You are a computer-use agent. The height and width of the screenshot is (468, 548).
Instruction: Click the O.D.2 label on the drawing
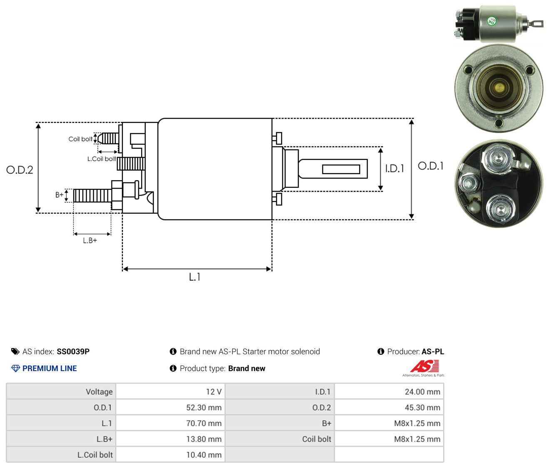click(20, 170)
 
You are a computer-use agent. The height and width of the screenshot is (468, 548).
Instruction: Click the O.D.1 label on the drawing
click(431, 166)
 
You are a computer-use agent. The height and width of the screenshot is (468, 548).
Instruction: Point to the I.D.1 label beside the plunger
click(395, 168)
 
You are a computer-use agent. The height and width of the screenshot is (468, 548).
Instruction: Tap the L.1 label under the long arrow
click(194, 277)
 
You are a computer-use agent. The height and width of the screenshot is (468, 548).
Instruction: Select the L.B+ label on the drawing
click(90, 241)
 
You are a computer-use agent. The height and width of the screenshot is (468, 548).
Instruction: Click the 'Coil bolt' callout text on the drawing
click(80, 139)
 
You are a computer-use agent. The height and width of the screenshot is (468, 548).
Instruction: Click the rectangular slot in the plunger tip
click(341, 169)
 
